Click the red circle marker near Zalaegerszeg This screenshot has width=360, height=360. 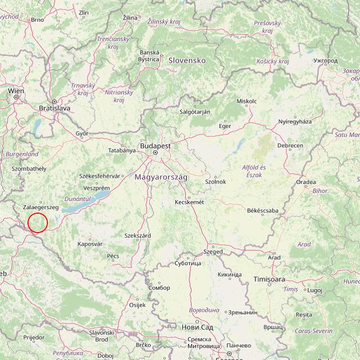coord(38,222)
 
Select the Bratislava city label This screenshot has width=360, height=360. coord(54,107)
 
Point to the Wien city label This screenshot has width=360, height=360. coord(16,91)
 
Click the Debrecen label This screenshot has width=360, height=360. coord(290,146)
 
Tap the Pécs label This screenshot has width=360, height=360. coord(113,256)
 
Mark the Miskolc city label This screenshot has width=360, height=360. coord(247,101)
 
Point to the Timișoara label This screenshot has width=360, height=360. coord(269,279)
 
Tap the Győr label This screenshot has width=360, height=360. coord(82,133)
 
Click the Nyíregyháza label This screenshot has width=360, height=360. coord(295,122)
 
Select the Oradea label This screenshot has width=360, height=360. coord(306,182)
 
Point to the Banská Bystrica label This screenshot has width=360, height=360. coord(149,55)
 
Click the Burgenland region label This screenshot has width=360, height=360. coord(22,154)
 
